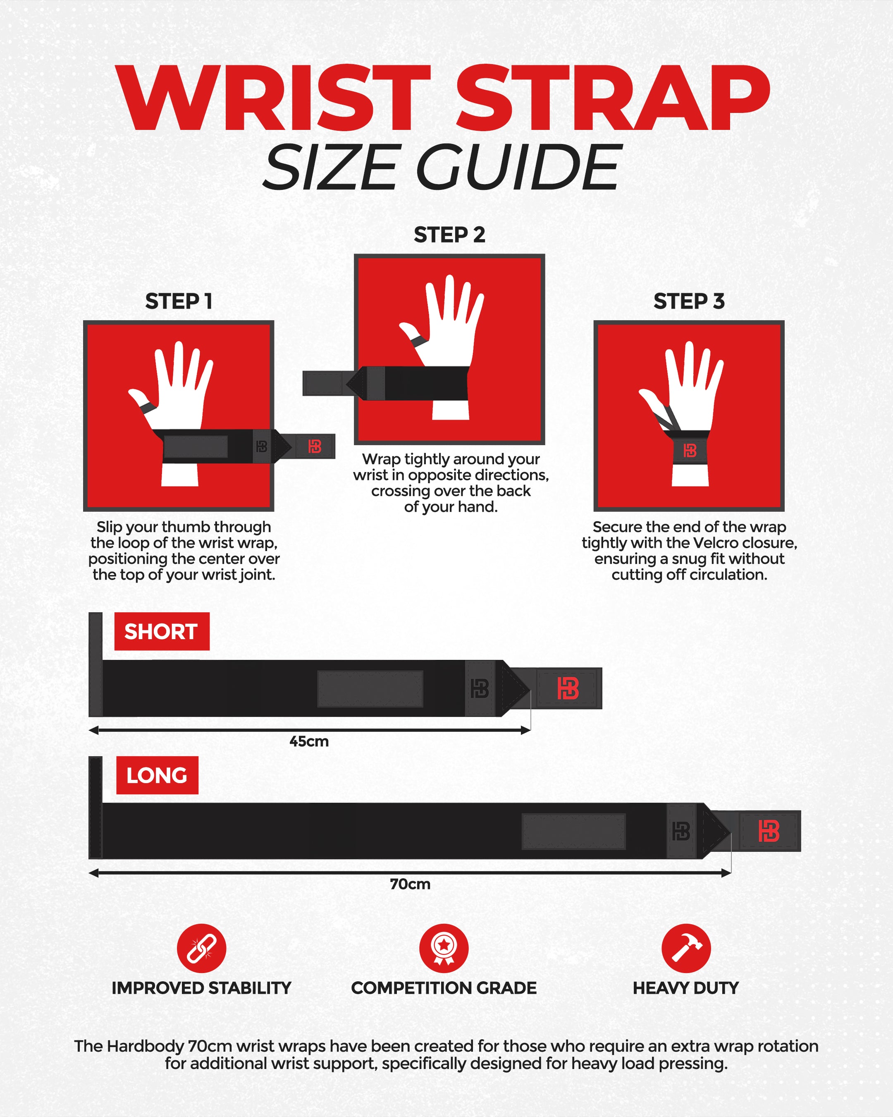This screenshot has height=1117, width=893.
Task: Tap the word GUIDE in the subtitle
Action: point(517,167)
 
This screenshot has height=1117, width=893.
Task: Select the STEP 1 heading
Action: point(179,301)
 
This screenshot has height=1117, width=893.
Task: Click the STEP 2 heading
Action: point(449,235)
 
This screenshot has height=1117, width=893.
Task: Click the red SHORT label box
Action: point(162,631)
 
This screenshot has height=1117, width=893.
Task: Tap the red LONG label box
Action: point(157,775)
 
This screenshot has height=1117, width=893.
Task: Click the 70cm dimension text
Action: point(410,884)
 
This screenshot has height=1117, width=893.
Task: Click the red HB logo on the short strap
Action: point(568,688)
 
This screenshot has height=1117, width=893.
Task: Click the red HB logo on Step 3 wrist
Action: point(690,450)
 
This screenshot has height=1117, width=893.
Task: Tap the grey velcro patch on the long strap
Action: point(573,831)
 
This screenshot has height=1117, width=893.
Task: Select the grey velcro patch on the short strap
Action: point(370,688)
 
